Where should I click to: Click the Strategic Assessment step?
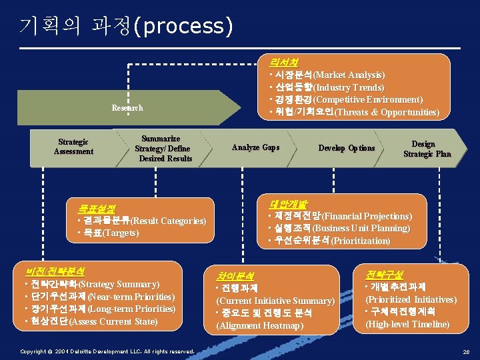(73, 147)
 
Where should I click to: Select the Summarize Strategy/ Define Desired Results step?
(163, 149)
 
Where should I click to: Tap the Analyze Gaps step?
(255, 147)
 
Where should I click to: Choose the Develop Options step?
(347, 148)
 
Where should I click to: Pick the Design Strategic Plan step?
(427, 149)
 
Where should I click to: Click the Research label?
(127, 108)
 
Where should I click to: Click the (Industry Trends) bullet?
(348, 87)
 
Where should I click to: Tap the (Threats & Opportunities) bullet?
(386, 112)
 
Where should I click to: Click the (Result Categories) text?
(168, 221)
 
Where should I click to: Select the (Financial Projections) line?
(367, 216)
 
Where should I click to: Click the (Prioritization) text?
(361, 240)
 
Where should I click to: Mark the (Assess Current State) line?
(113, 322)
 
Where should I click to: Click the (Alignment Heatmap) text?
(259, 325)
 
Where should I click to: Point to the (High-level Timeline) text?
(407, 324)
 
